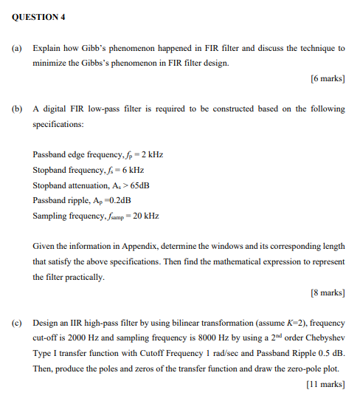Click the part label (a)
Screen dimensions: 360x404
coord(15,48)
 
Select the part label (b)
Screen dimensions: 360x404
coord(15,109)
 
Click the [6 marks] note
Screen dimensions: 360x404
coord(328,78)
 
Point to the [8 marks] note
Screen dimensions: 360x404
coord(328,292)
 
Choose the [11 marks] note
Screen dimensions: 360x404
coord(325,384)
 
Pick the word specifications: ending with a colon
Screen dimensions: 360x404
coord(58,124)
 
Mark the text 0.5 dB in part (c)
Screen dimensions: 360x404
coord(329,354)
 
